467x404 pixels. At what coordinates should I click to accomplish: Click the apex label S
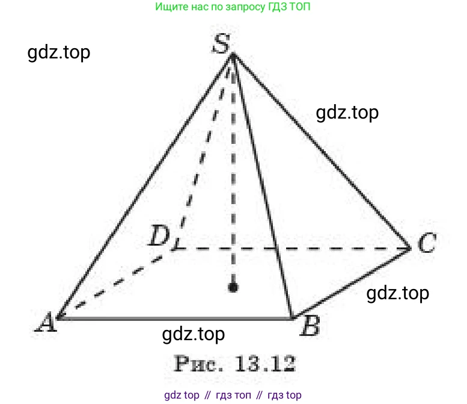[221, 43]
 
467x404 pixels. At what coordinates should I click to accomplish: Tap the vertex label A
[46, 322]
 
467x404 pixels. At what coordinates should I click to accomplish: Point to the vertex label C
[427, 243]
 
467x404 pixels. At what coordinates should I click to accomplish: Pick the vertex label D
[159, 235]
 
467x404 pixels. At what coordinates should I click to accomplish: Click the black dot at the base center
[233, 287]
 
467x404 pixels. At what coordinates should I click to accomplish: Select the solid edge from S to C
[322, 151]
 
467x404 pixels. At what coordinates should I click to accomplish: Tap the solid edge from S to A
[145, 187]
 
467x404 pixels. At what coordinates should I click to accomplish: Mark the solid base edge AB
[174, 319]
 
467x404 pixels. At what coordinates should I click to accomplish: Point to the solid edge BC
[351, 283]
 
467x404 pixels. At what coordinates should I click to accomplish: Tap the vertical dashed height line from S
[233, 170]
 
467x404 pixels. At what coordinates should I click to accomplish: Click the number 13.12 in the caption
[265, 363]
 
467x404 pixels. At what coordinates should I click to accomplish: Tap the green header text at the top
[233, 7]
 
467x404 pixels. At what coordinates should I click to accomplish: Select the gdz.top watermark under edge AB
[194, 335]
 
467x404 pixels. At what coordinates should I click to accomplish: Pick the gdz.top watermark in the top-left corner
[59, 53]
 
